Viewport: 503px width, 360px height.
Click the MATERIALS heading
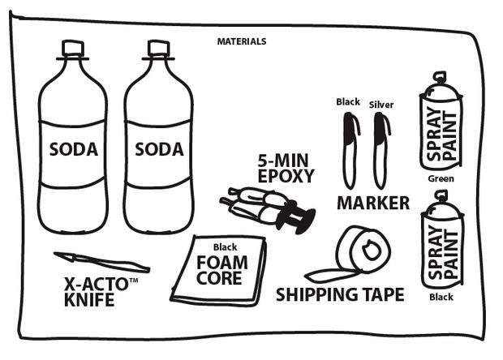tap(242, 41)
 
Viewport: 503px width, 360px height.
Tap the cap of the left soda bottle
tap(74, 48)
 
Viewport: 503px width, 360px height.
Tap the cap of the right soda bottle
tap(157, 48)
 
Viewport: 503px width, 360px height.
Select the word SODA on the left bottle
tap(73, 150)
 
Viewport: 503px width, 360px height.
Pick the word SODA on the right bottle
tap(159, 150)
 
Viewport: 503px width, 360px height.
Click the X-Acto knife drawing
tap(101, 262)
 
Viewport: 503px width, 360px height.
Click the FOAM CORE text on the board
tap(220, 270)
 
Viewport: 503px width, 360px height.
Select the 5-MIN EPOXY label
tap(285, 167)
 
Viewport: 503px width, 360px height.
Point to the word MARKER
tap(373, 203)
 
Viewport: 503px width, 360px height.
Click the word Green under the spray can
tap(441, 178)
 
